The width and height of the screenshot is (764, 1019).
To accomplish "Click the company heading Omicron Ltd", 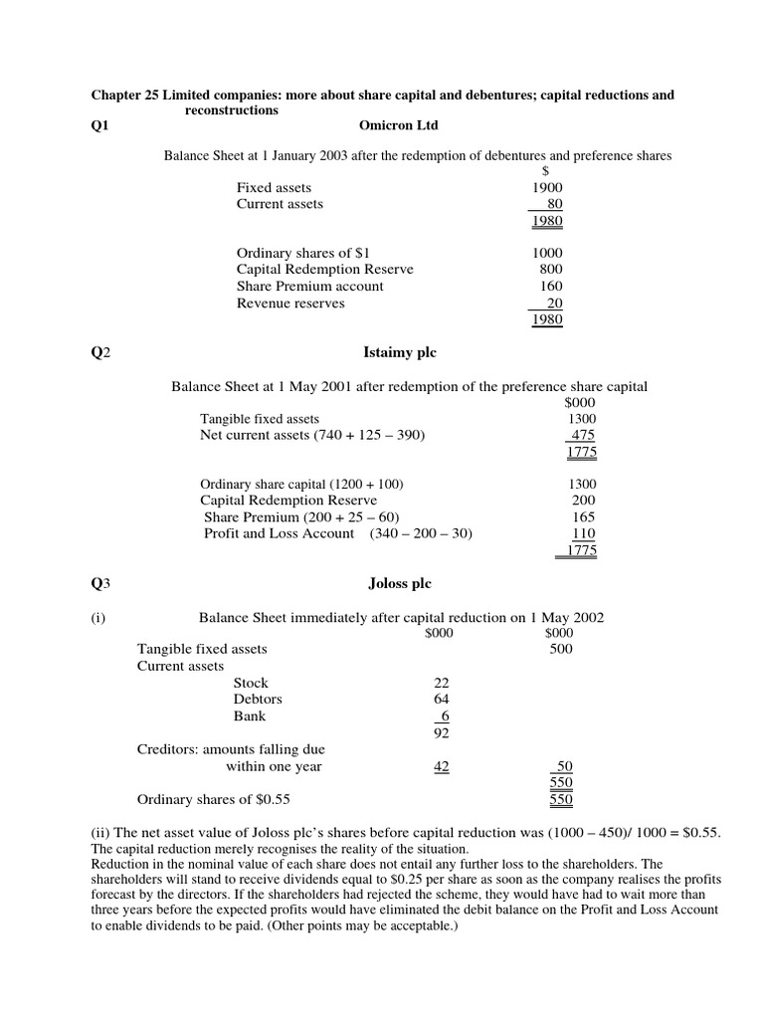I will pos(398,126).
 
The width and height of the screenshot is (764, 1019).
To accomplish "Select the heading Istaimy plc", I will pos(397,352).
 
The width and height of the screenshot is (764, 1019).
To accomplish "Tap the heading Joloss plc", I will pos(398,583).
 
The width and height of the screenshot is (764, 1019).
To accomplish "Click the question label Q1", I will pos(100,126).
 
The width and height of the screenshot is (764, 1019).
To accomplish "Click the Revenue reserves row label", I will pos(290,303).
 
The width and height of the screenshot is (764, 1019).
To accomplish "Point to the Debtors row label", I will pos(258,700).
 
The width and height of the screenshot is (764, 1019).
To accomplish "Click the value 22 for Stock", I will pos(442,683).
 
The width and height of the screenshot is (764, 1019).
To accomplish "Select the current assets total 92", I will pos(442,733).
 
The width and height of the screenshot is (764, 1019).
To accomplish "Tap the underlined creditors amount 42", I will pos(442,766).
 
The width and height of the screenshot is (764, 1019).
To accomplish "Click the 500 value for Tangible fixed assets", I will pos(560,649).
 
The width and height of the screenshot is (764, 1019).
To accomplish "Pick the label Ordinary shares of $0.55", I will pos(213,799).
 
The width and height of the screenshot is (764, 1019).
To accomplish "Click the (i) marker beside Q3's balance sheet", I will pos(98,617).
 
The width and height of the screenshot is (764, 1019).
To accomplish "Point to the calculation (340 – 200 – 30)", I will pos(421,534).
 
